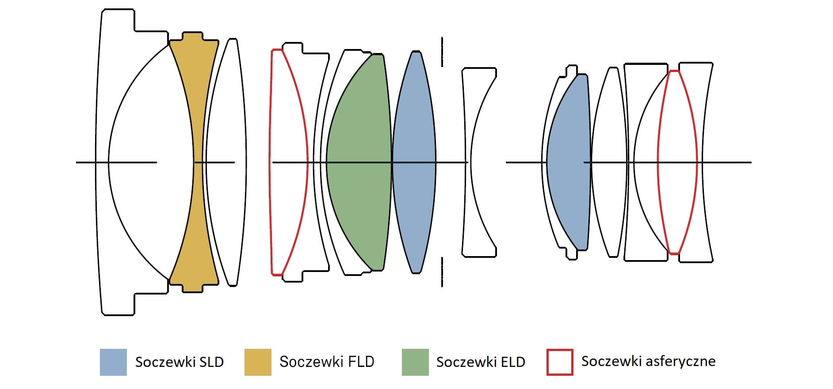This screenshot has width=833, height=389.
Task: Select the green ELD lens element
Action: [x=358, y=162]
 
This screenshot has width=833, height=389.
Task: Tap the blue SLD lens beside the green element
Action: [x=414, y=162]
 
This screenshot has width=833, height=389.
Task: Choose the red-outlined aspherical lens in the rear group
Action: [x=677, y=162]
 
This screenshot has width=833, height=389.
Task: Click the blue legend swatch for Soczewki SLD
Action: [x=113, y=362]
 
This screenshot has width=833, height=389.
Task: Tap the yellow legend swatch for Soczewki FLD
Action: [x=258, y=362]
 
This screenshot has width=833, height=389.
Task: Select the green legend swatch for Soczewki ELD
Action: [x=415, y=362]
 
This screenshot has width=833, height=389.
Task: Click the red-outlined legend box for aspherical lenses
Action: [x=560, y=362]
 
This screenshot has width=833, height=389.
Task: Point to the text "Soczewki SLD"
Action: [x=179, y=362]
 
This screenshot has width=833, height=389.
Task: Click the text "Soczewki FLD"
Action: [x=327, y=362]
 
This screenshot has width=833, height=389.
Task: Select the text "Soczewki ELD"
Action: [x=481, y=362]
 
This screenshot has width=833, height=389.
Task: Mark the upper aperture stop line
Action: [x=442, y=52]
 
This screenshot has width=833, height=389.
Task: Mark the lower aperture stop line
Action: [x=442, y=272]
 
